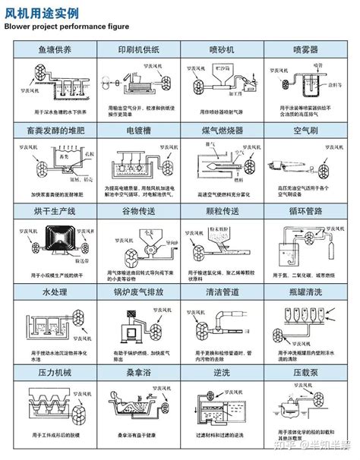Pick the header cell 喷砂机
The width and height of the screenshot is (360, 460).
pyautogui.click(x=222, y=49)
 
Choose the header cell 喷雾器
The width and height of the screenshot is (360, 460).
pyautogui.click(x=308, y=49)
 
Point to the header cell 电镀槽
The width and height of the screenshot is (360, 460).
pyautogui.click(x=137, y=130)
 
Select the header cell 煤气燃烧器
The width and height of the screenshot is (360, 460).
pyautogui.click(x=222, y=130)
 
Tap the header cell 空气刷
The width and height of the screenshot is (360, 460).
pyautogui.click(x=308, y=130)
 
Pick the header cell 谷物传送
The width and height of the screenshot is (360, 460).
pyautogui.click(x=137, y=210)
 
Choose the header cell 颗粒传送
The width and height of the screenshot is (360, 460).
pyautogui.click(x=222, y=210)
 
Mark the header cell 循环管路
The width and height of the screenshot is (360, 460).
pyautogui.click(x=308, y=210)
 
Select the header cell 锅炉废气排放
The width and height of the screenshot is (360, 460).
pyautogui.click(x=137, y=291)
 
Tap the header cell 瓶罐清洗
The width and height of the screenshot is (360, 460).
pyautogui.click(x=308, y=291)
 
